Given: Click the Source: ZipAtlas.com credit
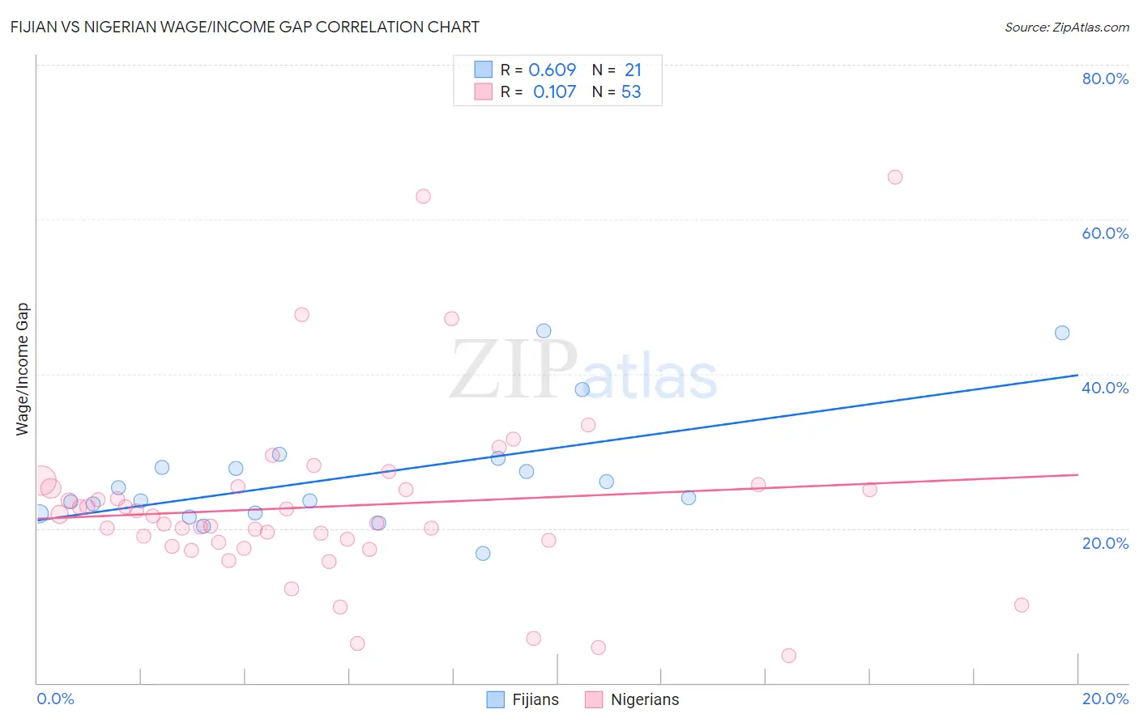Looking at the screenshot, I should click(1066, 27).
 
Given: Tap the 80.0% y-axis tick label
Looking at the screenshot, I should click(1105, 79).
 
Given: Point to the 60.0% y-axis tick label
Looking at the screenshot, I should click(1105, 233).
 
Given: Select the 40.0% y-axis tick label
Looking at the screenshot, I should click(1105, 388).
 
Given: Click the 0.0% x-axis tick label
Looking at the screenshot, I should click(55, 699).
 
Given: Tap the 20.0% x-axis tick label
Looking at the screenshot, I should click(1105, 699).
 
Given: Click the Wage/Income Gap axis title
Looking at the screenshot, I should click(23, 369).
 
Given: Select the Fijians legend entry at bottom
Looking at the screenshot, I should click(523, 699).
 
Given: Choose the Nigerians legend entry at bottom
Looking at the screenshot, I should click(633, 699).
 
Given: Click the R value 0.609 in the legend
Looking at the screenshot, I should click(552, 70).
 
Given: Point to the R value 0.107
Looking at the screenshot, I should click(554, 91).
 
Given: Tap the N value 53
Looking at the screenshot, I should click(631, 91).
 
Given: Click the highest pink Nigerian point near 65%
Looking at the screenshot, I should click(894, 177).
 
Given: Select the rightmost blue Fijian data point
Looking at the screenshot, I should click(1062, 333).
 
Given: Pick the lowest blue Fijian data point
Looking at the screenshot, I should click(483, 554).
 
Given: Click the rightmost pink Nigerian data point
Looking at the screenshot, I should click(1022, 605).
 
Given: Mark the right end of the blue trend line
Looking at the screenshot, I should click(1077, 375).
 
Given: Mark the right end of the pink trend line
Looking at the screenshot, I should click(1077, 474).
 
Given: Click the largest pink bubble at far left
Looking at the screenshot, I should click(41, 481).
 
